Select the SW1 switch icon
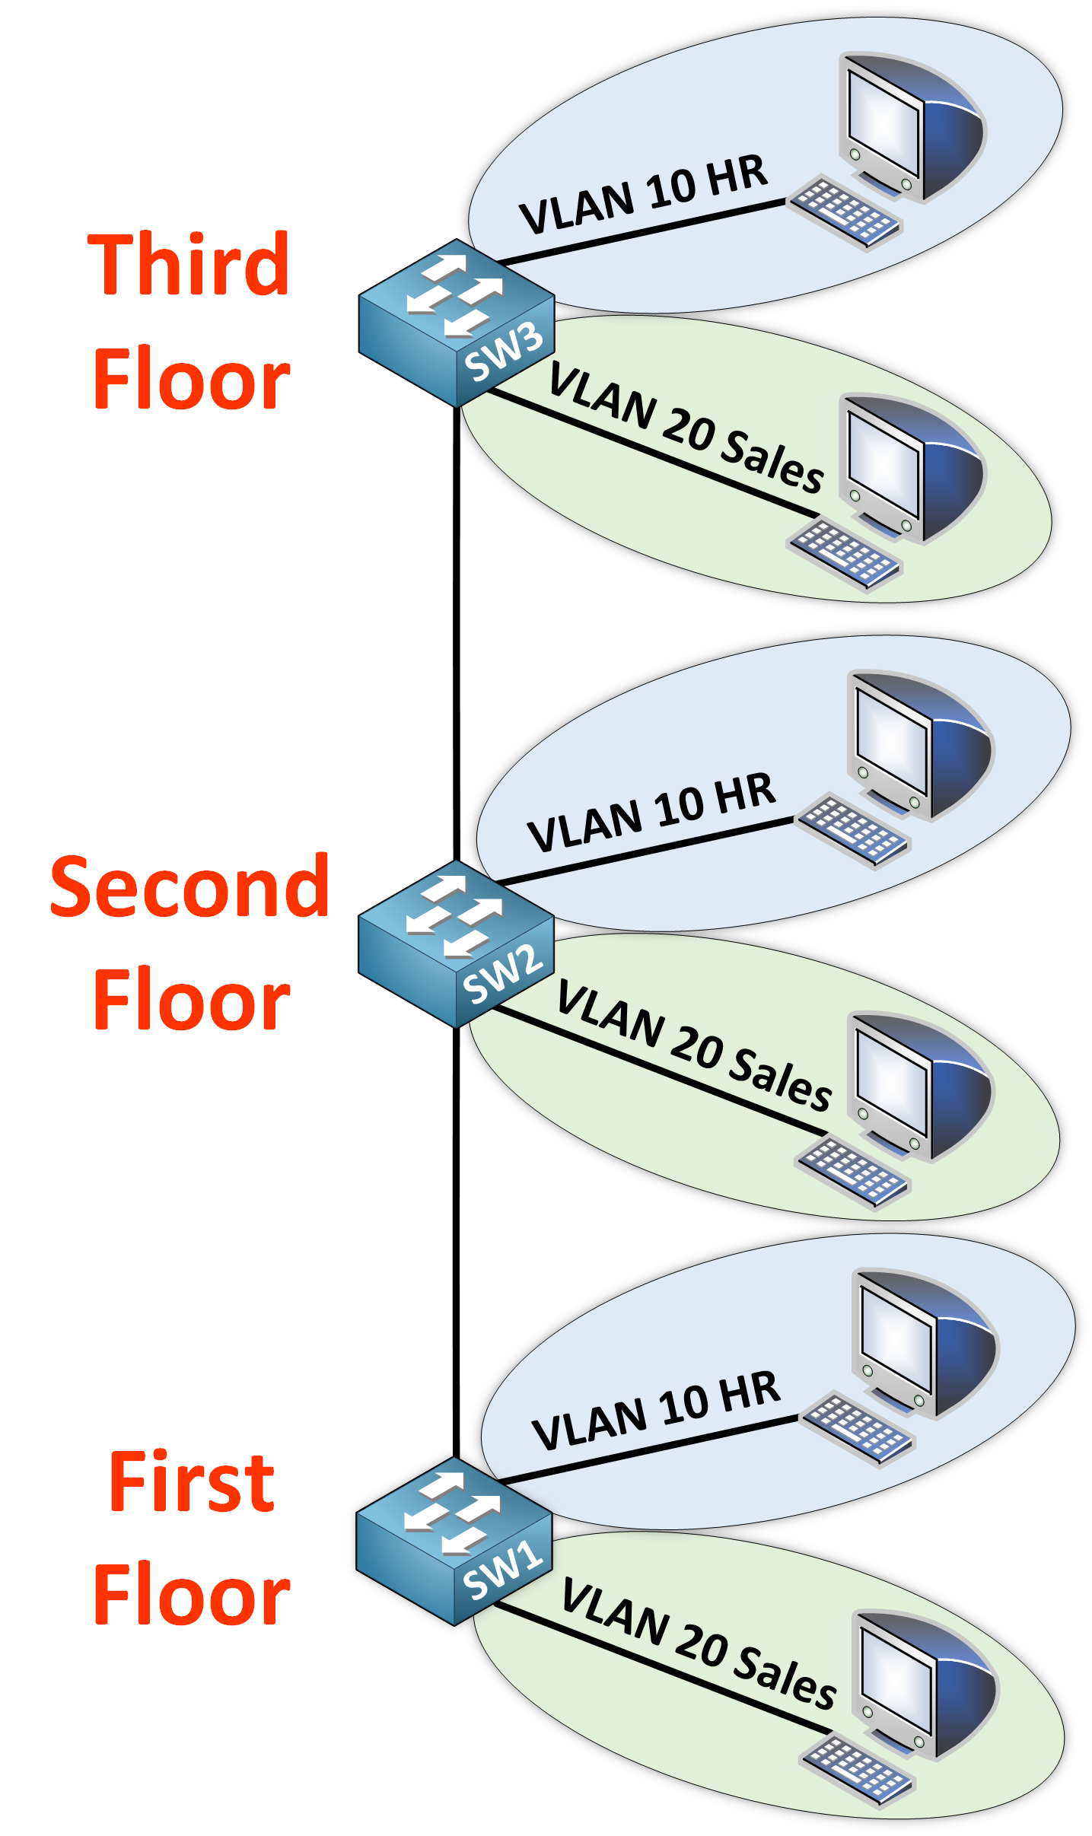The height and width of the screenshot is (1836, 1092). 454,1541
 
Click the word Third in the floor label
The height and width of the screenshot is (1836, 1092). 189,265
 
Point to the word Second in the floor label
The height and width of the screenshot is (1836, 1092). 189,886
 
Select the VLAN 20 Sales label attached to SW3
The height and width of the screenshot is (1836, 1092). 685,428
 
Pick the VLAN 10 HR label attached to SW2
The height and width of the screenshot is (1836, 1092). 651,812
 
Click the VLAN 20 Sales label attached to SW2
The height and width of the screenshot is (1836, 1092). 693,1046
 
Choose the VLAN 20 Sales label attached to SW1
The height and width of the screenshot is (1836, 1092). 698,1643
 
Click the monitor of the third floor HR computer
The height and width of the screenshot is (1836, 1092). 909,126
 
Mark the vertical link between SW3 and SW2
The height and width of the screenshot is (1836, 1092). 457,632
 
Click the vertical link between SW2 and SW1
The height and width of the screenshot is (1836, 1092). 456,1240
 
